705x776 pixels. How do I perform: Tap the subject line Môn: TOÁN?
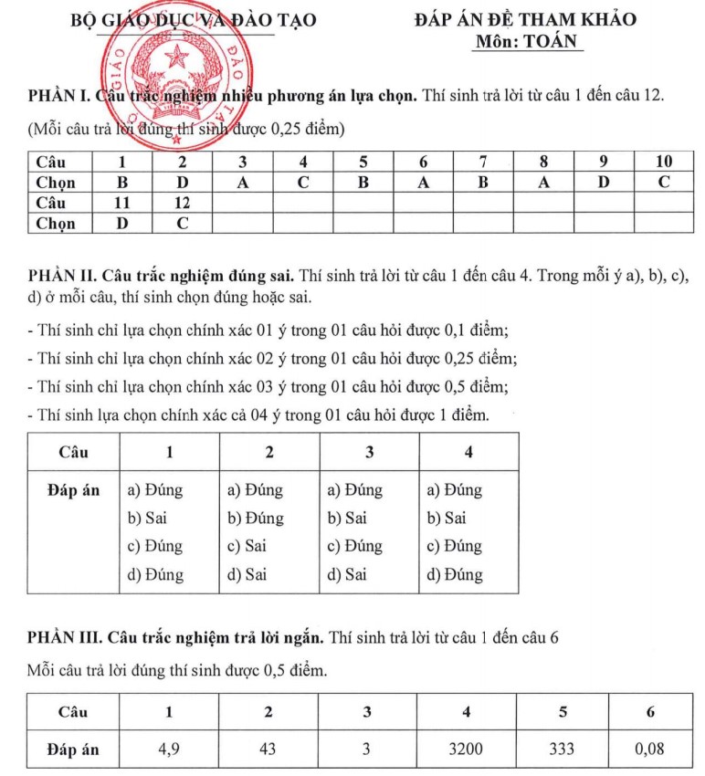[529, 41]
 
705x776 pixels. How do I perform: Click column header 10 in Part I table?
[664, 162]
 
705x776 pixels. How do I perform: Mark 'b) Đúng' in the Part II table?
[255, 519]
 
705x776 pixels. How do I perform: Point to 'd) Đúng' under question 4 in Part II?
[455, 575]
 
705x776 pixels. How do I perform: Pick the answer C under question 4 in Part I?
[302, 183]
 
